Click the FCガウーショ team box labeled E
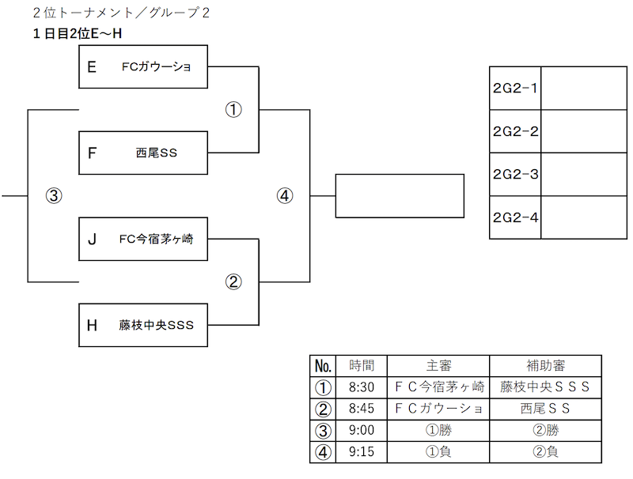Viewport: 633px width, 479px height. coord(143,66)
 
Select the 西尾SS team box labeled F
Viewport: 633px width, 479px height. coord(143,153)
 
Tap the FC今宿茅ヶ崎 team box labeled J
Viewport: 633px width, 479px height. coord(143,239)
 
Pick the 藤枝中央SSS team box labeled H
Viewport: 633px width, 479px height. coord(143,325)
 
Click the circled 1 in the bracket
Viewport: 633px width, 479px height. coord(233,110)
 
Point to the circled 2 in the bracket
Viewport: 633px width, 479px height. coord(233,282)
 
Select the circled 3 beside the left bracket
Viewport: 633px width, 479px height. coord(54,196)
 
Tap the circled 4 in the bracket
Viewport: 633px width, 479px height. coord(285,196)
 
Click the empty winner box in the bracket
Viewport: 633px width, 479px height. coord(400,196)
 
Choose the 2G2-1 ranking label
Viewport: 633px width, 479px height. coord(515,88)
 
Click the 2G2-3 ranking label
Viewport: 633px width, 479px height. coord(515,174)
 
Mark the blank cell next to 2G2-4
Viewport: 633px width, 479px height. coord(584,217)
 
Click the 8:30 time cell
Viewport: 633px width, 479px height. coord(362,387)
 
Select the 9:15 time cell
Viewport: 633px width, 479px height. coord(362,452)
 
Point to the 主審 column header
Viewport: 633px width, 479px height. coord(438,366)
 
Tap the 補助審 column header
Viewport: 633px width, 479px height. coord(545,366)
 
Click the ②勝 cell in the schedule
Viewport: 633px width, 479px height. coord(545,431)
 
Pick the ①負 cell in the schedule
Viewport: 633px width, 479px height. coord(438,452)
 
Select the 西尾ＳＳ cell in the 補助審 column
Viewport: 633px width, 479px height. coord(545,409)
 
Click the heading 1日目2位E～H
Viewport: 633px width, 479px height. coord(78,33)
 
